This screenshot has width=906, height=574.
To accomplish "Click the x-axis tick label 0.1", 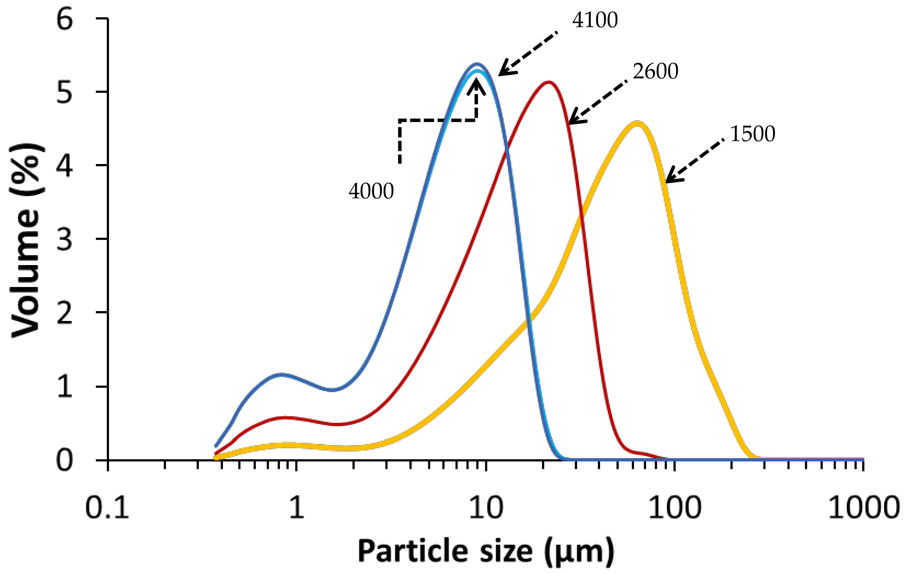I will coord(107,507).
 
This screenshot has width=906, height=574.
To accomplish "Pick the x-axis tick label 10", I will coord(486,507).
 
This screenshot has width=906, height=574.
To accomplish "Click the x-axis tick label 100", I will coord(675,507).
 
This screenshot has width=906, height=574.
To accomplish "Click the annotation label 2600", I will coord(655,71).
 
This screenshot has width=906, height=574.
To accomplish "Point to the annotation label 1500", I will coord(753,134).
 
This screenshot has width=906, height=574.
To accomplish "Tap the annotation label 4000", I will coord(371,191).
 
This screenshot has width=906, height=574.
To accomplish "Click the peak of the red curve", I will coord(548,82).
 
